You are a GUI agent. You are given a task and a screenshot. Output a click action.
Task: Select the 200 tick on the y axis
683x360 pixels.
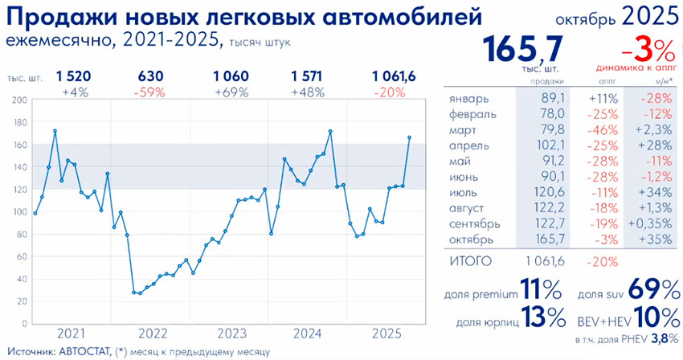(x=20, y=100)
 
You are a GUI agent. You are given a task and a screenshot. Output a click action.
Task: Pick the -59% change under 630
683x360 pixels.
(x=151, y=92)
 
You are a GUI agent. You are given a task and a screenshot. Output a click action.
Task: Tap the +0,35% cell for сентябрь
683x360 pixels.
(x=649, y=225)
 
